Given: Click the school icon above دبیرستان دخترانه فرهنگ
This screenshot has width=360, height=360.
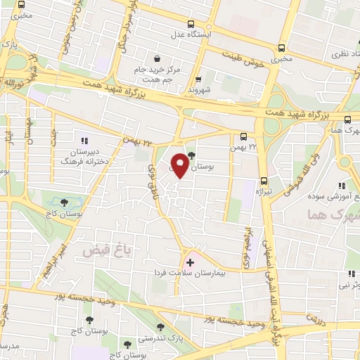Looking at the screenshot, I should [x=85, y=140].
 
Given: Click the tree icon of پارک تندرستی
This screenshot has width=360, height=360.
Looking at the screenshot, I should [x=160, y=327].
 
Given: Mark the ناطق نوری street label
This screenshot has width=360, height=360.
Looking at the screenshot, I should [x=153, y=177].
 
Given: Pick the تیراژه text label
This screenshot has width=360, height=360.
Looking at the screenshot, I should [x=263, y=191].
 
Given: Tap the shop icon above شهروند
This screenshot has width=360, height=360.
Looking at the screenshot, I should [x=199, y=79].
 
